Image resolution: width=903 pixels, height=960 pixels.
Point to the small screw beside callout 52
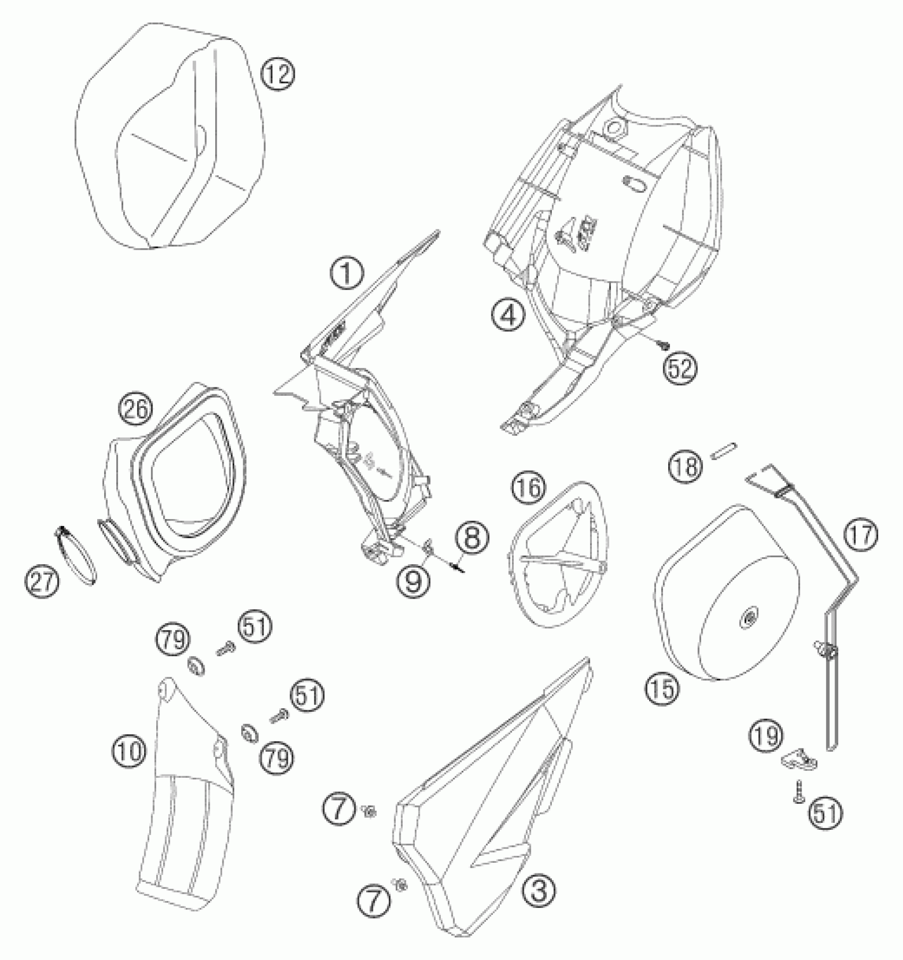coord(662,346)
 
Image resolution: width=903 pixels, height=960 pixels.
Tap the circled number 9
coord(413,581)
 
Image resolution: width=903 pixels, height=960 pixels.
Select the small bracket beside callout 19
coord(799,761)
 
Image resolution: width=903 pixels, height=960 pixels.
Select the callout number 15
coord(663,689)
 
